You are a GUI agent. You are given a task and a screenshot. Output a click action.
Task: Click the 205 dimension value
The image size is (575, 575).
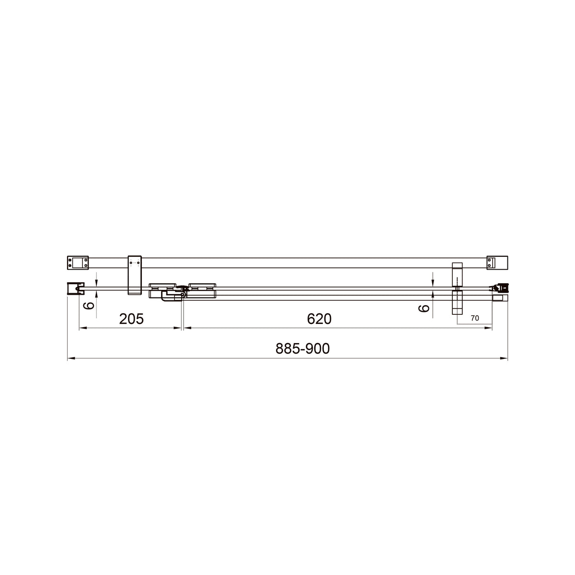point(131,319)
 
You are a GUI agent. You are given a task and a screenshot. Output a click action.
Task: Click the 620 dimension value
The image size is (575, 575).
point(319,319)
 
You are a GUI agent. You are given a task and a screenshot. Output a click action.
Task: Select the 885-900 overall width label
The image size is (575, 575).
point(302,348)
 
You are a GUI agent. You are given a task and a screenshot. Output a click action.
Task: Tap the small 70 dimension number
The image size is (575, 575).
point(475,318)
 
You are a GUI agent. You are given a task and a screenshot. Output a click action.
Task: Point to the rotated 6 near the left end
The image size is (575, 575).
point(89,306)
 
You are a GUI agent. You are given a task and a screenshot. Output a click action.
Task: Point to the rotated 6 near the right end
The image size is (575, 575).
point(424,308)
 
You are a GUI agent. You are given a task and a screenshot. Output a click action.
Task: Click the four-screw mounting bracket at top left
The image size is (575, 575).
point(78,263)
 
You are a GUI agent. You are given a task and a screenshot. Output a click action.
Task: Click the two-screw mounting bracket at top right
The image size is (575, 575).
point(497,263)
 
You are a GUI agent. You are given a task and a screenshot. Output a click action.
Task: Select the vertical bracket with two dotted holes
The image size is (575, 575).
point(135,275)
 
